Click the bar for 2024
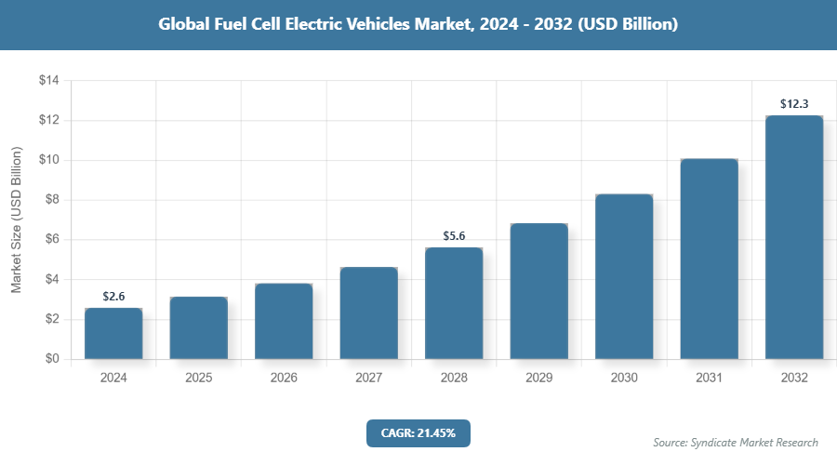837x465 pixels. click(113, 334)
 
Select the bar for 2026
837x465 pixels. click(284, 322)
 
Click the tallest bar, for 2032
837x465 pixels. click(794, 237)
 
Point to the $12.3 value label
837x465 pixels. click(794, 103)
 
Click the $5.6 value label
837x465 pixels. click(454, 235)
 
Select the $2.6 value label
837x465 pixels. click(113, 296)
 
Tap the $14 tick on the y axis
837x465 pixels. click(48, 81)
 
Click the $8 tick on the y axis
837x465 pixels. click(51, 200)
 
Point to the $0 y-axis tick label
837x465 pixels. click(51, 359)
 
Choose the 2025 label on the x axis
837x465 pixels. click(198, 379)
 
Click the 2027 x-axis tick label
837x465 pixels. click(368, 379)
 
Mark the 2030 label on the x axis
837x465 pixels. click(624, 379)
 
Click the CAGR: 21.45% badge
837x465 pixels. click(418, 433)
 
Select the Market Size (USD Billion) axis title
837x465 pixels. click(16, 219)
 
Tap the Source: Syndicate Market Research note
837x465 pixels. click(736, 443)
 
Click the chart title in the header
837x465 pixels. click(418, 25)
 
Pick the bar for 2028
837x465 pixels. click(454, 303)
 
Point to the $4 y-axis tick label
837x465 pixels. click(51, 279)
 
